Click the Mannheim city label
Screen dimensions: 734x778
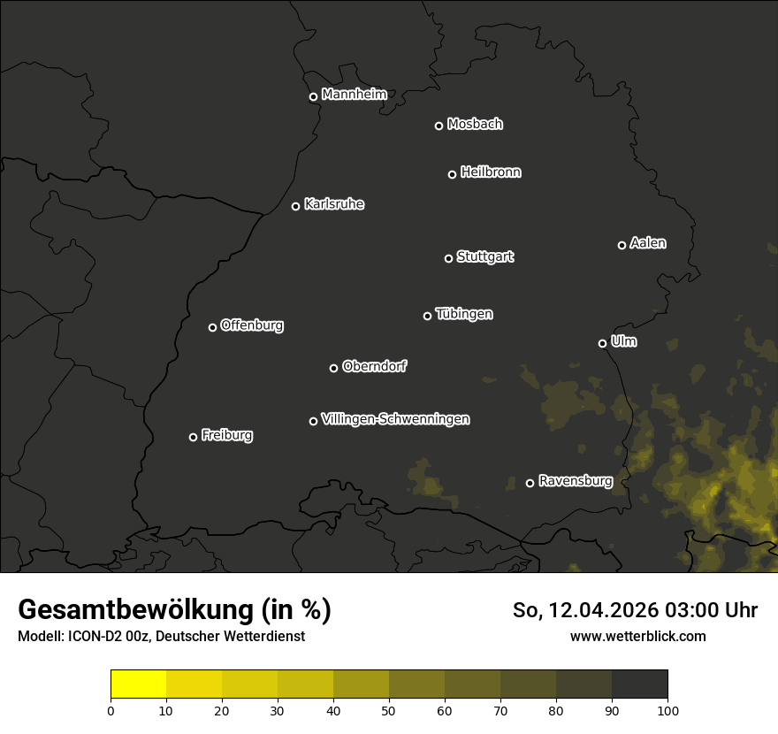coord(354,95)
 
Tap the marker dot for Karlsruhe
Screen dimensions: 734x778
coord(295,207)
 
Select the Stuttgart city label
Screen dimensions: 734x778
coord(484,256)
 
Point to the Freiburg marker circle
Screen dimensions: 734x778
coord(193,437)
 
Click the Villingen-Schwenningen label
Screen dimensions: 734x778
coord(395,419)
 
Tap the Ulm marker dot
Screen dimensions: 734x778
coord(602,343)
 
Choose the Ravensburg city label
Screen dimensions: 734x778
coord(575,481)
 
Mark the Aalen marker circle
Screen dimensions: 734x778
coord(622,245)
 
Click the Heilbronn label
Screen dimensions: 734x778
coord(491,172)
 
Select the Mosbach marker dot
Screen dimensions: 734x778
coord(439,126)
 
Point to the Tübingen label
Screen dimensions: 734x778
coord(464,314)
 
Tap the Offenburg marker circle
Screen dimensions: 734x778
coord(212,327)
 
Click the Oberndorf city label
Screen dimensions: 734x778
coord(374,366)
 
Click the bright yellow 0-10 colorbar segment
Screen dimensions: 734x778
coord(138,684)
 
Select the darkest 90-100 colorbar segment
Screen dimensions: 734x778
coord(639,684)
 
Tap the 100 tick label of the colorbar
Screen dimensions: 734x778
coord(667,709)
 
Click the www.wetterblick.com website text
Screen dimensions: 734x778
coord(638,636)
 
